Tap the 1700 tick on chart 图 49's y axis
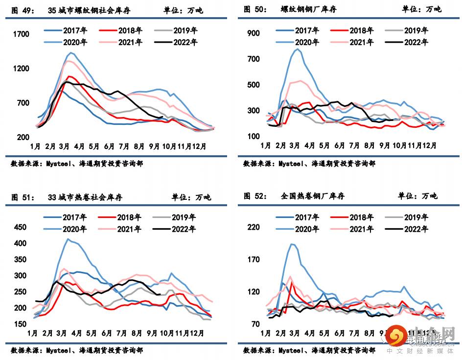(x=22, y=34)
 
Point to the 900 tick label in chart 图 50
(x=254, y=33)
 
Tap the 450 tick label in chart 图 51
(x=21, y=227)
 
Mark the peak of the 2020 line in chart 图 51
(x=68, y=239)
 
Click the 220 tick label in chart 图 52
(x=254, y=227)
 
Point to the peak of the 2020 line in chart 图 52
(x=292, y=244)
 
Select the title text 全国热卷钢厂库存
(x=313, y=196)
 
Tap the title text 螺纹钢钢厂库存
(x=308, y=9)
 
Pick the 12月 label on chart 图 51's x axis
(x=198, y=333)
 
